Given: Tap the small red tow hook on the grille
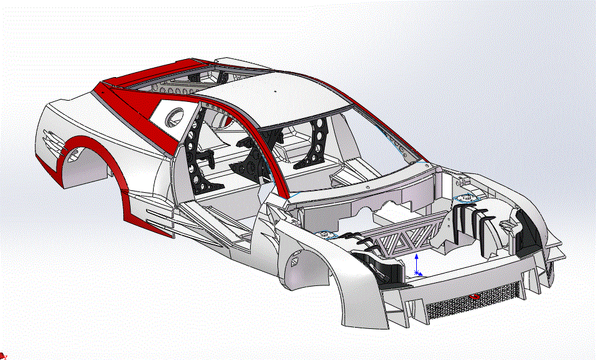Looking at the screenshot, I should click(474, 297).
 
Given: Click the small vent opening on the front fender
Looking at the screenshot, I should click(298, 256).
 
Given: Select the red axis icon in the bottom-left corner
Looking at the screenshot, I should click(4, 356).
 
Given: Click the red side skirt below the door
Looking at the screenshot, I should click(149, 218).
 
